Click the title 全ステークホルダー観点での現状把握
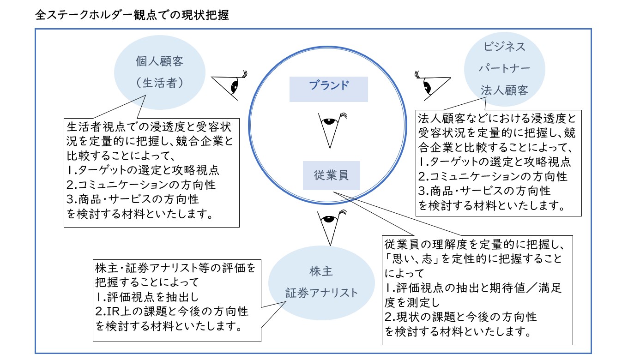[132, 15]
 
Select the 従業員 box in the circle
[331, 175]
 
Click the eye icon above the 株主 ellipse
[330, 226]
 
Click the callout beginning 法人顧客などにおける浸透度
[499, 162]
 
